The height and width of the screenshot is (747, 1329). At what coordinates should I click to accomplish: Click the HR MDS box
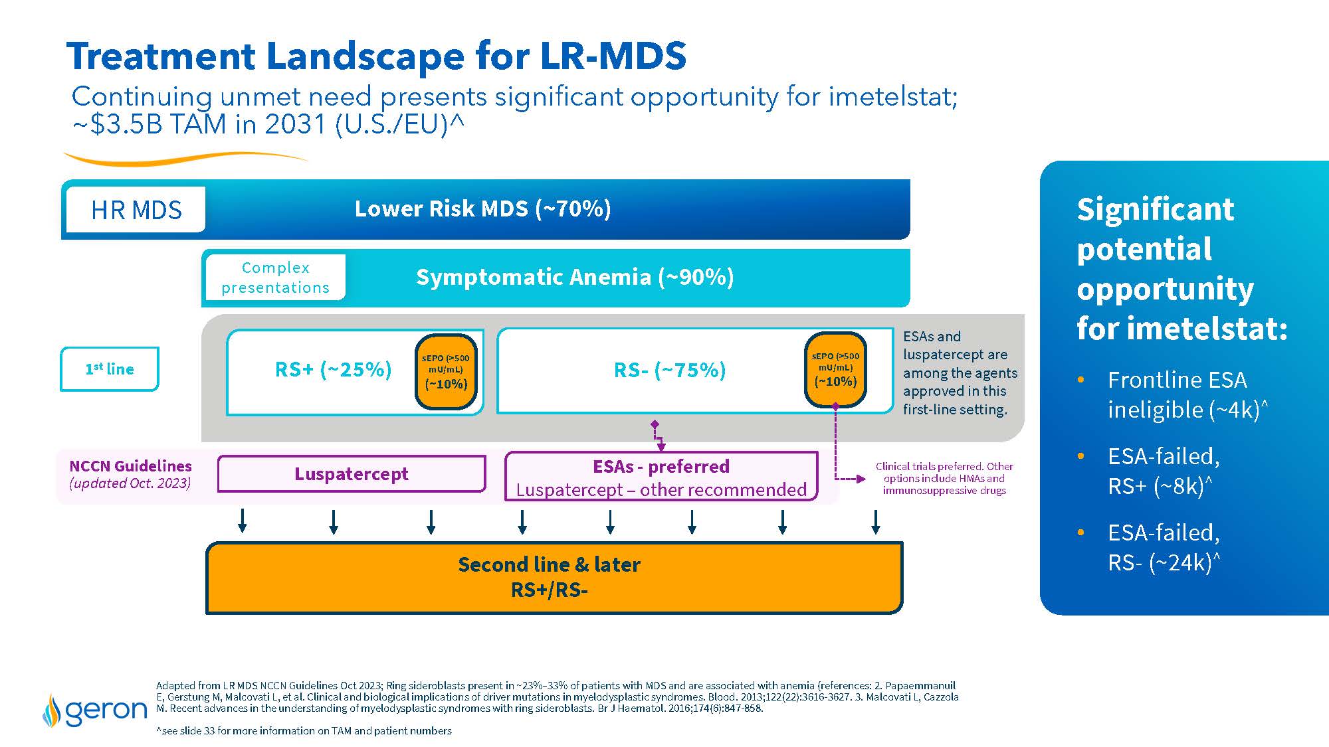click(x=136, y=210)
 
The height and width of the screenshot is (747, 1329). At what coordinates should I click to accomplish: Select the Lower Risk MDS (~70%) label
click(x=482, y=208)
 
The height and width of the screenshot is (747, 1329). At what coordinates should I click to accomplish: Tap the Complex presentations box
click(x=275, y=278)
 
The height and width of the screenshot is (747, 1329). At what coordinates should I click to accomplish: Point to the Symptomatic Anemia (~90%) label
click(x=575, y=277)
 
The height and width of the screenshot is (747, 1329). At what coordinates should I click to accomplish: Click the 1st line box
click(x=110, y=369)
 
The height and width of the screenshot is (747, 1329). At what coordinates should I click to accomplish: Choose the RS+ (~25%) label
click(x=333, y=369)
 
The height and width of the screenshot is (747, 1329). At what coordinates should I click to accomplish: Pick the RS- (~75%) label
click(x=670, y=370)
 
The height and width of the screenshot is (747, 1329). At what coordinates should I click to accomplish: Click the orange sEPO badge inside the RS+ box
click(x=446, y=371)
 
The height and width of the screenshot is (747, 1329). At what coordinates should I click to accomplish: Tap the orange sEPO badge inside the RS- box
click(x=835, y=369)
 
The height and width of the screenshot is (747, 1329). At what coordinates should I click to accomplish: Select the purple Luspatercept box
click(x=352, y=474)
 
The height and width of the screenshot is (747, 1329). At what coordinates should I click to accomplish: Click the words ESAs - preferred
click(x=661, y=466)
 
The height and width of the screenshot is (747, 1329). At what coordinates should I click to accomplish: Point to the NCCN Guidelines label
click(x=130, y=466)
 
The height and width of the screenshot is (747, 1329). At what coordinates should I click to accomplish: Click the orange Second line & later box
click(x=554, y=578)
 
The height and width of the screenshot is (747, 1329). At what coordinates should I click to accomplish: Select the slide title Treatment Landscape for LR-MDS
click(x=376, y=56)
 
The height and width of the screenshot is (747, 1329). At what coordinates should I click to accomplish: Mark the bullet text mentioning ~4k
click(x=1183, y=394)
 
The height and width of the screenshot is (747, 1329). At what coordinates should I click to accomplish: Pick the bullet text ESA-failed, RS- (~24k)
click(x=1164, y=547)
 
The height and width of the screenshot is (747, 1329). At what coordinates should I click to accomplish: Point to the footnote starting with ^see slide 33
click(x=304, y=730)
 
